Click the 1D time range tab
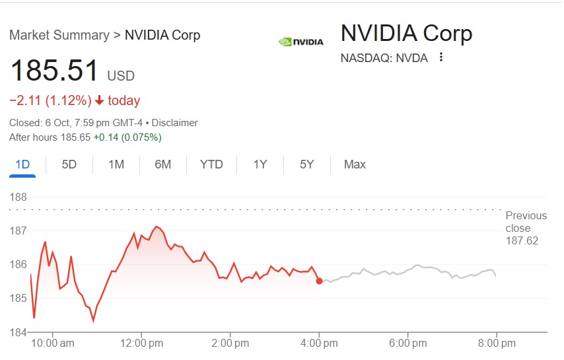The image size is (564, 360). coord(22,164)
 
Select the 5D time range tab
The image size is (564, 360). coord(69,164)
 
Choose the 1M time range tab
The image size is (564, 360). coord(116,164)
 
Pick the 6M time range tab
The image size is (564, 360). coord(163,164)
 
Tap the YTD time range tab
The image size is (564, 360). coord(211,164)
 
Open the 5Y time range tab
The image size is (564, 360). coord(306,164)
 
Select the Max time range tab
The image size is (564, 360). coord(355,164)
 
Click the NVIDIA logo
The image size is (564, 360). coord(301,42)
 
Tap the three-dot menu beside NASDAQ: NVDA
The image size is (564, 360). coord(441,57)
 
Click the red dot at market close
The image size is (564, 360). coord(320,281)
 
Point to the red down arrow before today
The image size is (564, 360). coord(100,101)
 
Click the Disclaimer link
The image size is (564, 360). coord(175,123)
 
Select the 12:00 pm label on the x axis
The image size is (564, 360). coord(141,343)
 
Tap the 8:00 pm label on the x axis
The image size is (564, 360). coord(497,343)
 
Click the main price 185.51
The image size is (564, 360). coord(54,71)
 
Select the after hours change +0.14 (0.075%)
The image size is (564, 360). coord(127,137)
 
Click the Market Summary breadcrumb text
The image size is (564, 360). coord(59,35)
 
